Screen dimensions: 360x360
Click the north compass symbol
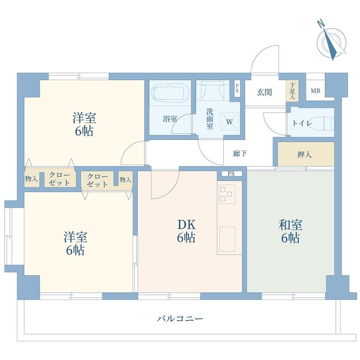[x=331, y=41]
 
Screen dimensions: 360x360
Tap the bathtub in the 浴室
[x=170, y=93]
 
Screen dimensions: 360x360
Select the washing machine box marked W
[x=230, y=122]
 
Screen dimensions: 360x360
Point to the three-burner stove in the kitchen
[x=227, y=194]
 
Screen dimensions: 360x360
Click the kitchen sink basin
[x=227, y=239]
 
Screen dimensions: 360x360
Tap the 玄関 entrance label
[x=264, y=92]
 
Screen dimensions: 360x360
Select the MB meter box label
[x=315, y=91]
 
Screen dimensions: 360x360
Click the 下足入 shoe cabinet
[x=292, y=91]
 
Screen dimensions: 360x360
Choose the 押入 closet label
[x=304, y=155]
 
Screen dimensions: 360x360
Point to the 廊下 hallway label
[x=240, y=153]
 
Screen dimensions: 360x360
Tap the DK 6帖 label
[x=186, y=231]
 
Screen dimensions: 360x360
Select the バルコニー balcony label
[x=180, y=319]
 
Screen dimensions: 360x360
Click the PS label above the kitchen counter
[x=231, y=174]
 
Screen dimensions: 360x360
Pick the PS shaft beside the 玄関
[x=237, y=88]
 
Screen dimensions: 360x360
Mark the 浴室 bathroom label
[x=170, y=119]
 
